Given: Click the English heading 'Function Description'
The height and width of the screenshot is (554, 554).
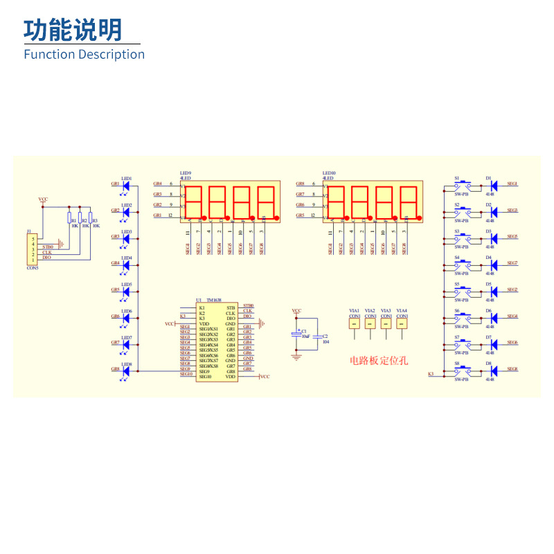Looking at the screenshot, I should pyautogui.click(x=84, y=54).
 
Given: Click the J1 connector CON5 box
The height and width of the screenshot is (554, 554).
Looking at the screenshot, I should pyautogui.click(x=32, y=249).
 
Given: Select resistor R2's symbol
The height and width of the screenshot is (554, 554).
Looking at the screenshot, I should pyautogui.click(x=80, y=218).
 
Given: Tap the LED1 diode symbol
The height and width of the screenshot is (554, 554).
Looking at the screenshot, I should pyautogui.click(x=125, y=185).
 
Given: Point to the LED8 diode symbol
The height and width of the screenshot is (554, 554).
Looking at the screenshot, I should pyautogui.click(x=125, y=370).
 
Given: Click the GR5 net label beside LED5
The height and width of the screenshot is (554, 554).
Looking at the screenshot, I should pyautogui.click(x=115, y=290).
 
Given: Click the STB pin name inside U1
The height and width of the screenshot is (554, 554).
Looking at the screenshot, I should pyautogui.click(x=231, y=307).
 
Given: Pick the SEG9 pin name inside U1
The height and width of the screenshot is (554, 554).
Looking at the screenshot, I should pyautogui.click(x=204, y=372).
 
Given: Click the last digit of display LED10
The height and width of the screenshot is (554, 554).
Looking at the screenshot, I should pyautogui.click(x=408, y=202).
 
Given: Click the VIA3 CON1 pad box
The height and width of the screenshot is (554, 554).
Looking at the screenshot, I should pyautogui.click(x=386, y=323).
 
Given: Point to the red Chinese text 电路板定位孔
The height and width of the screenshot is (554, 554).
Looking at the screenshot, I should pyautogui.click(x=379, y=361).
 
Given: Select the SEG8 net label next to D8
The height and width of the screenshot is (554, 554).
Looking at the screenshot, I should pyautogui.click(x=512, y=370).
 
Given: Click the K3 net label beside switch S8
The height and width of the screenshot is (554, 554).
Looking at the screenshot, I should pyautogui.click(x=431, y=373).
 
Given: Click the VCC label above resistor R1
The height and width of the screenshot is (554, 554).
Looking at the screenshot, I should pyautogui.click(x=43, y=199).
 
